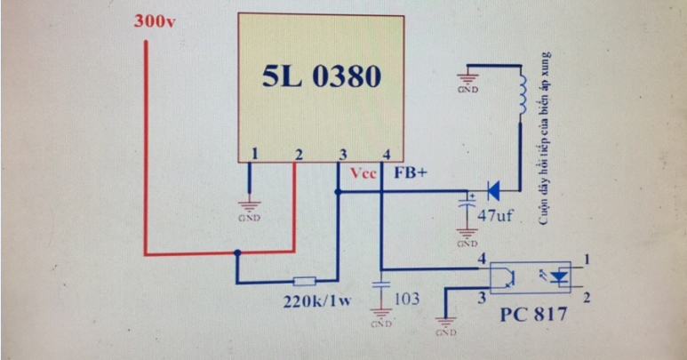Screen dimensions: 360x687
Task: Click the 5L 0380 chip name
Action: (321, 77)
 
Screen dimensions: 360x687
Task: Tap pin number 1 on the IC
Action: (254, 155)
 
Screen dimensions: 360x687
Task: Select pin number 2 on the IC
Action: (299, 155)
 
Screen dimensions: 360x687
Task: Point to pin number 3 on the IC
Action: (342, 155)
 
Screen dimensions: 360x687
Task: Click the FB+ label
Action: (411, 173)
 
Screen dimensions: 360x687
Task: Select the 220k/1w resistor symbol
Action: (304, 280)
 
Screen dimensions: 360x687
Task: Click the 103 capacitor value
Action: (406, 298)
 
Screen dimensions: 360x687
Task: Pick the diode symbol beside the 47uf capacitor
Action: (494, 189)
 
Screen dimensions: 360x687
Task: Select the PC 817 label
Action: (533, 315)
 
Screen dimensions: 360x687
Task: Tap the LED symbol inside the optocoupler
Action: (559, 278)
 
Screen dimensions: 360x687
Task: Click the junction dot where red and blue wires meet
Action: (237, 253)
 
